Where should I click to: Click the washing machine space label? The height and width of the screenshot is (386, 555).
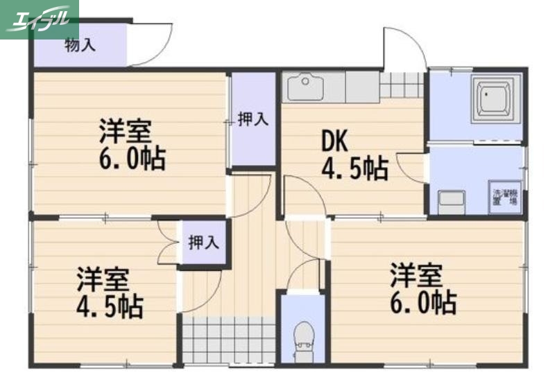[505, 198]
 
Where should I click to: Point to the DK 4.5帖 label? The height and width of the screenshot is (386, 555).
[353, 155]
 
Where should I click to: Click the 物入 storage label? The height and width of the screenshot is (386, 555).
[80, 46]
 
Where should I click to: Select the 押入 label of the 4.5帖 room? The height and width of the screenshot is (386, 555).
[203, 243]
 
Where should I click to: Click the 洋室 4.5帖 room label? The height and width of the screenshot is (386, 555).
[110, 292]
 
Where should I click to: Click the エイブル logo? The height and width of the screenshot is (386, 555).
[39, 19]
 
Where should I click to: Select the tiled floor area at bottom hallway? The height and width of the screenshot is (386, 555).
[229, 340]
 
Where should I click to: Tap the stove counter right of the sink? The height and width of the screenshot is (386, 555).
[361, 87]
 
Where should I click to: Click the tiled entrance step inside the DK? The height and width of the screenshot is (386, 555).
[402, 85]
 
